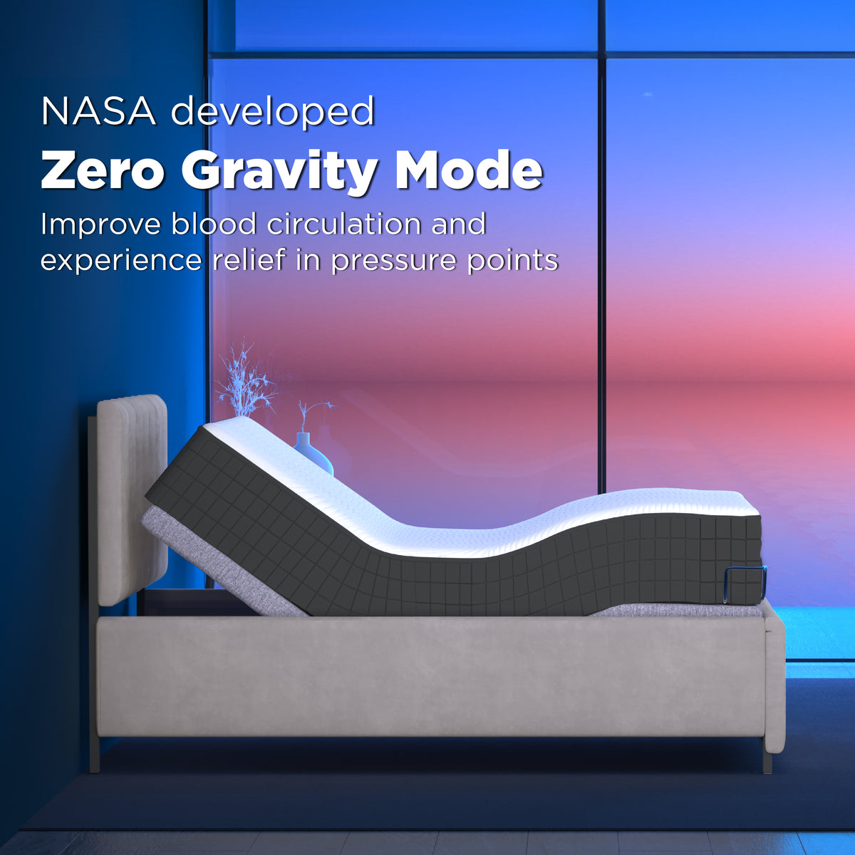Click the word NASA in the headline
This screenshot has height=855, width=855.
click(x=98, y=111)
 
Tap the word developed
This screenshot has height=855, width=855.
click(x=273, y=113)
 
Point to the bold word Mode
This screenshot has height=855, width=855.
click(x=469, y=170)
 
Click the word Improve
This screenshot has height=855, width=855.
click(x=100, y=225)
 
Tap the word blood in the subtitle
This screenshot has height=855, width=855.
click(x=213, y=224)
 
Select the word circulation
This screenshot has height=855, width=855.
click(x=345, y=224)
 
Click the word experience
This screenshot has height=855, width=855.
click(x=120, y=260)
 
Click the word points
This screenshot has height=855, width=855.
click(x=512, y=260)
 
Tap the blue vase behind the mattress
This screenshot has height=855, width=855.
click(x=313, y=452)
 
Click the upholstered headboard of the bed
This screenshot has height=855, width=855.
click(x=132, y=499)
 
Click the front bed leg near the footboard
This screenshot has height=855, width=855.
click(x=767, y=761)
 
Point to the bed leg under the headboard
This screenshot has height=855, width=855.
click(x=94, y=755)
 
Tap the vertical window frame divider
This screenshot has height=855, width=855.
click(x=601, y=285)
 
